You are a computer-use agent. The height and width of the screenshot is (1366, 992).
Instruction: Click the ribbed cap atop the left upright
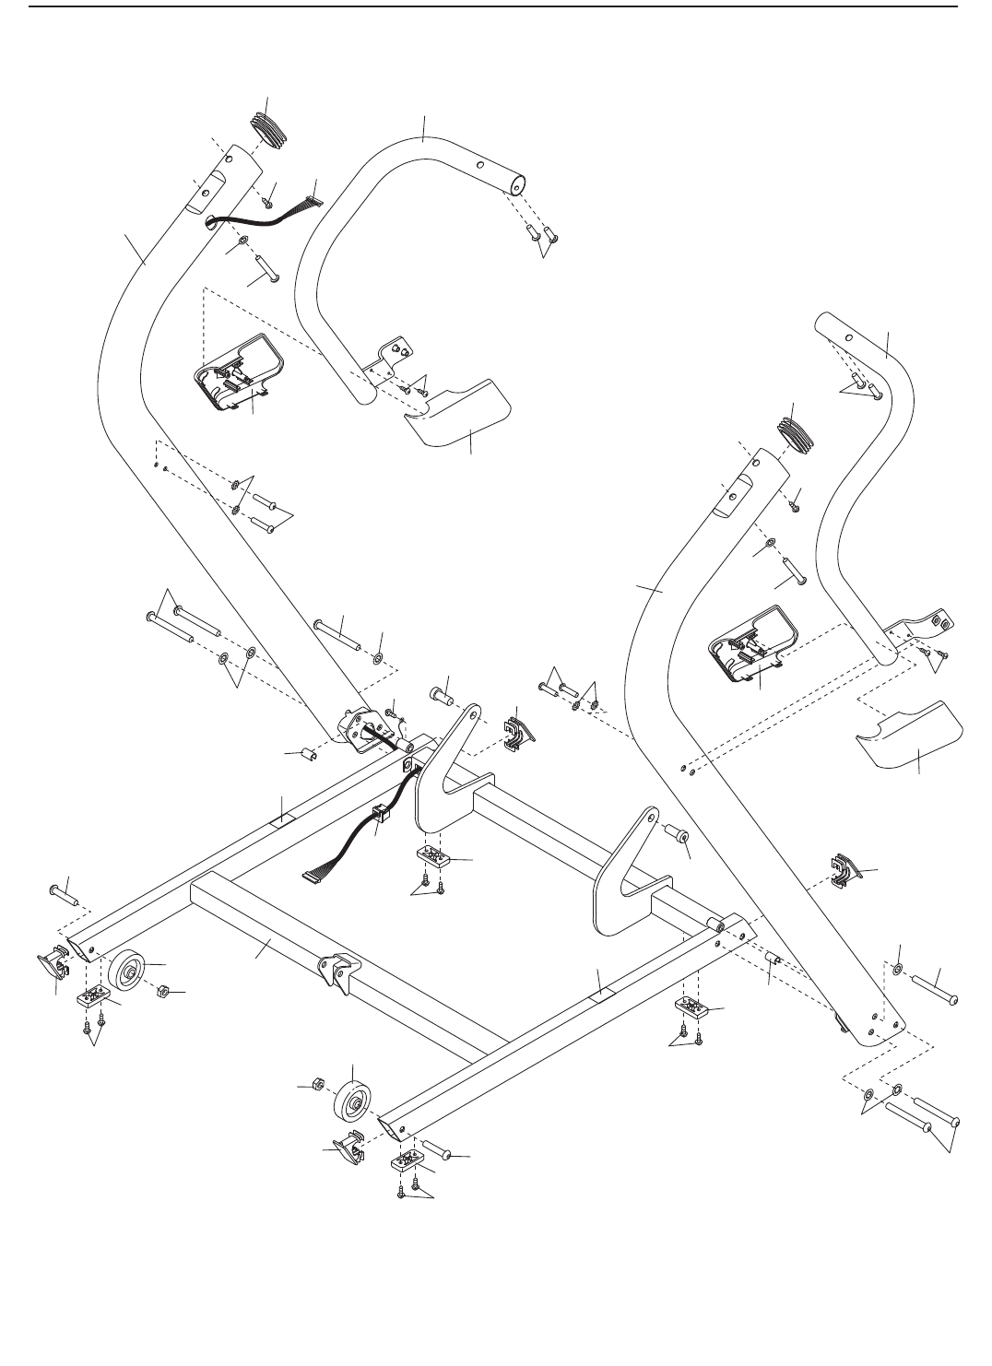[x=269, y=128]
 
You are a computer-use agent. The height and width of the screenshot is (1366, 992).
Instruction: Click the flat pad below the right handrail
[x=909, y=731]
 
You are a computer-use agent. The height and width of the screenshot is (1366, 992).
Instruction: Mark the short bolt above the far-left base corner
[x=62, y=893]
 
